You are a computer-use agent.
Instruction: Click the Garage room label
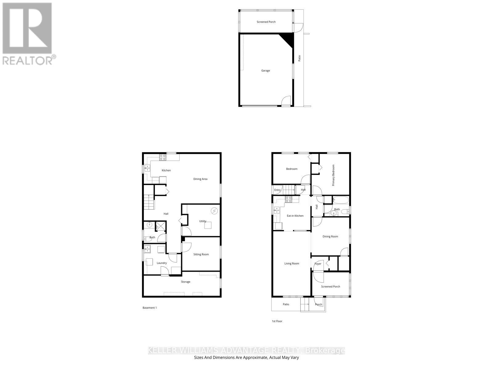coord(266,71)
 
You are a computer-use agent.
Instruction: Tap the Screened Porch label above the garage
coord(266,22)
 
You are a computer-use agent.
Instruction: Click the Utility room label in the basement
coord(202,221)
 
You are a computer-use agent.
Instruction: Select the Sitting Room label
coord(201,254)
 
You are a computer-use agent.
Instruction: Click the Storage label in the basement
coord(185,282)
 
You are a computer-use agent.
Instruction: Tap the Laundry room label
coord(161,263)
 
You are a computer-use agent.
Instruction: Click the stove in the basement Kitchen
coord(163,157)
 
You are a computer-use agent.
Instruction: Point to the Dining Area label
coord(200,179)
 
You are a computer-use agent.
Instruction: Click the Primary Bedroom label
coord(333,175)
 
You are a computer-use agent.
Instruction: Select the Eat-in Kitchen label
coord(295,216)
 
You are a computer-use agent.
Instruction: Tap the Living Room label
coord(291,264)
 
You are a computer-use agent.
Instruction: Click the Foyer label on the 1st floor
coord(318,264)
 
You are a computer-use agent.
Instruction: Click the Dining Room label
coord(330,236)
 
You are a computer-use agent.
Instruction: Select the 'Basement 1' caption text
coord(150,308)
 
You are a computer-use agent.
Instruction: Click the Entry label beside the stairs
coord(277,190)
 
